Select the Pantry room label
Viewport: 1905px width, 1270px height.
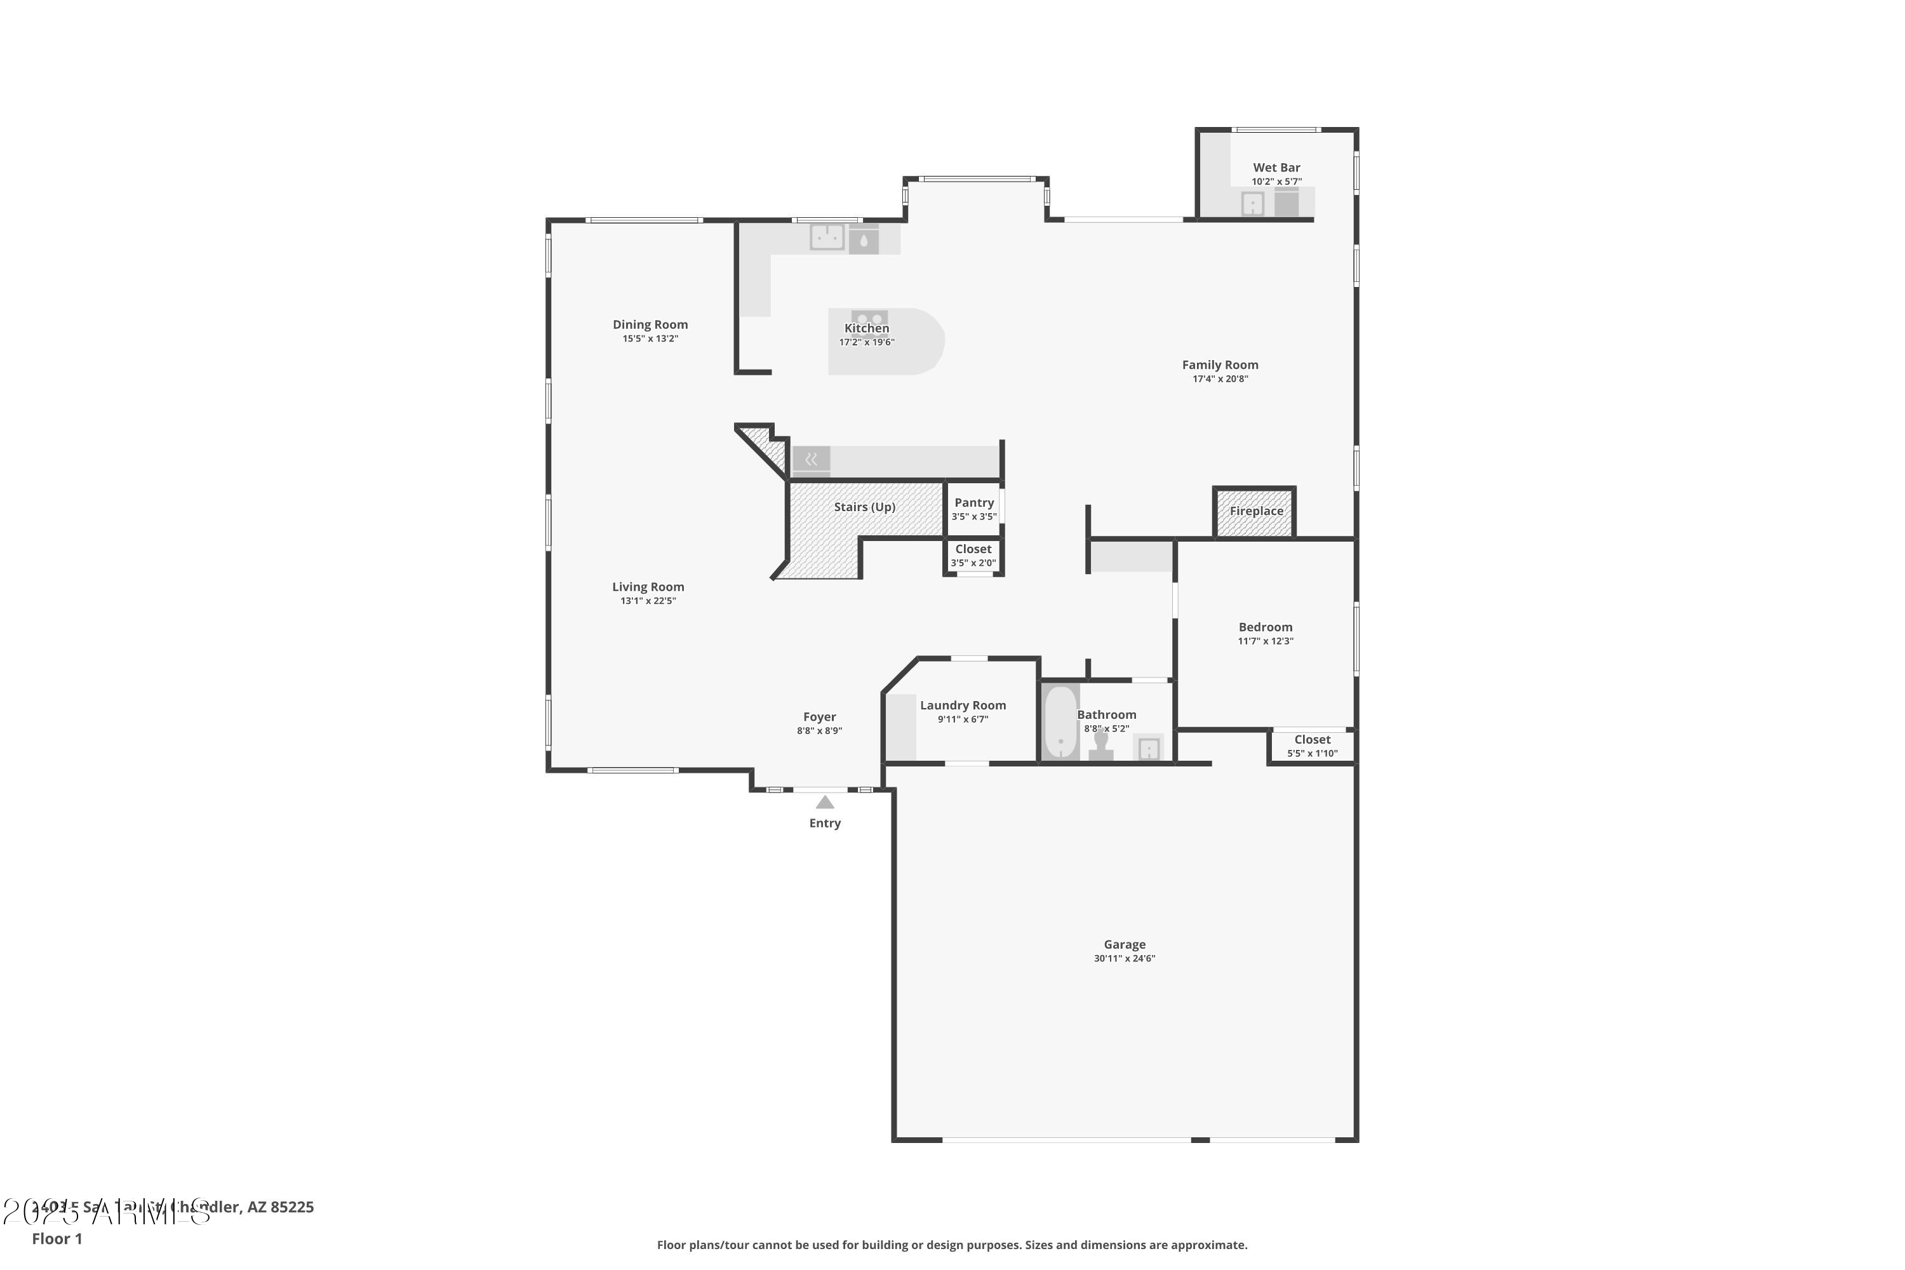[973, 503]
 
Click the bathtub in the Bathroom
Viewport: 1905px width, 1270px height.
[1060, 723]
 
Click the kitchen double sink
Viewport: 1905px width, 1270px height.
[827, 237]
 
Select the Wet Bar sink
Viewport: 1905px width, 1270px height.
[1252, 203]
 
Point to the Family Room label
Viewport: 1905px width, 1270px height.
[1220, 365]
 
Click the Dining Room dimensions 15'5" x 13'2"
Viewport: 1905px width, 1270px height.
[650, 339]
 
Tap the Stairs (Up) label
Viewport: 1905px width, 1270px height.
[864, 507]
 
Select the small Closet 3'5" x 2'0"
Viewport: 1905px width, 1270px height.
[973, 556]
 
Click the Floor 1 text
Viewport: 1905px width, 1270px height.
[57, 1238]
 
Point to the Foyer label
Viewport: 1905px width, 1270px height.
[819, 717]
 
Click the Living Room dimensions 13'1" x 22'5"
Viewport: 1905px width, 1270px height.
[648, 601]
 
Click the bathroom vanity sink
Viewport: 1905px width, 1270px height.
[1149, 749]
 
